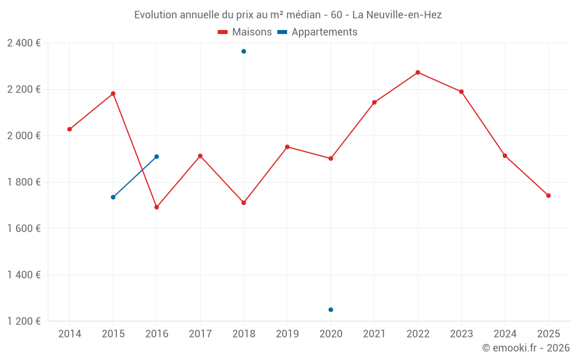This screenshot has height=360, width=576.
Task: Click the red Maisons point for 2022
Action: coord(418,73)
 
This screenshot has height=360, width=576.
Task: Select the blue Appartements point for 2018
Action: coord(244,51)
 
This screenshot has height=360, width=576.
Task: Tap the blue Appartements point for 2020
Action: coord(331,310)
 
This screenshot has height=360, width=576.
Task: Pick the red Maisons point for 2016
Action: coord(157,207)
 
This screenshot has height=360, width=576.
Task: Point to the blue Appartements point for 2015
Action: coord(113,198)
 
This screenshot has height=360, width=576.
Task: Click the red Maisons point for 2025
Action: coord(548,196)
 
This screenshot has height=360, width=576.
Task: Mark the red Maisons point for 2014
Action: coord(70,129)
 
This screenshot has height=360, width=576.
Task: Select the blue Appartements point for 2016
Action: coord(157,157)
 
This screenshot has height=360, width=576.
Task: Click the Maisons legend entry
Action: coord(245,32)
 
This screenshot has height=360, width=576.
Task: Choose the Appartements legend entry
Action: coord(317,32)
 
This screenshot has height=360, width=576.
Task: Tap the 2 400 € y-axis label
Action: coord(24,43)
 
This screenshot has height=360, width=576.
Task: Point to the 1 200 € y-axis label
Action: coord(24,321)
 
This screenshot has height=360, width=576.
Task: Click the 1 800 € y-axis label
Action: coord(24,182)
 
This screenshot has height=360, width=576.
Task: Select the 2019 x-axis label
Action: coord(287,334)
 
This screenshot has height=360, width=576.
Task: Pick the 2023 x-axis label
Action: coord(461,334)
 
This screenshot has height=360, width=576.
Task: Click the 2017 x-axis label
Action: coord(200,334)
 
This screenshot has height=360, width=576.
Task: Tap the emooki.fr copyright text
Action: coord(525,348)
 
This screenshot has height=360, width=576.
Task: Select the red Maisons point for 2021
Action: coord(374,103)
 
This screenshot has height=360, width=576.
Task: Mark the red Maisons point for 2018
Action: coord(244,203)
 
